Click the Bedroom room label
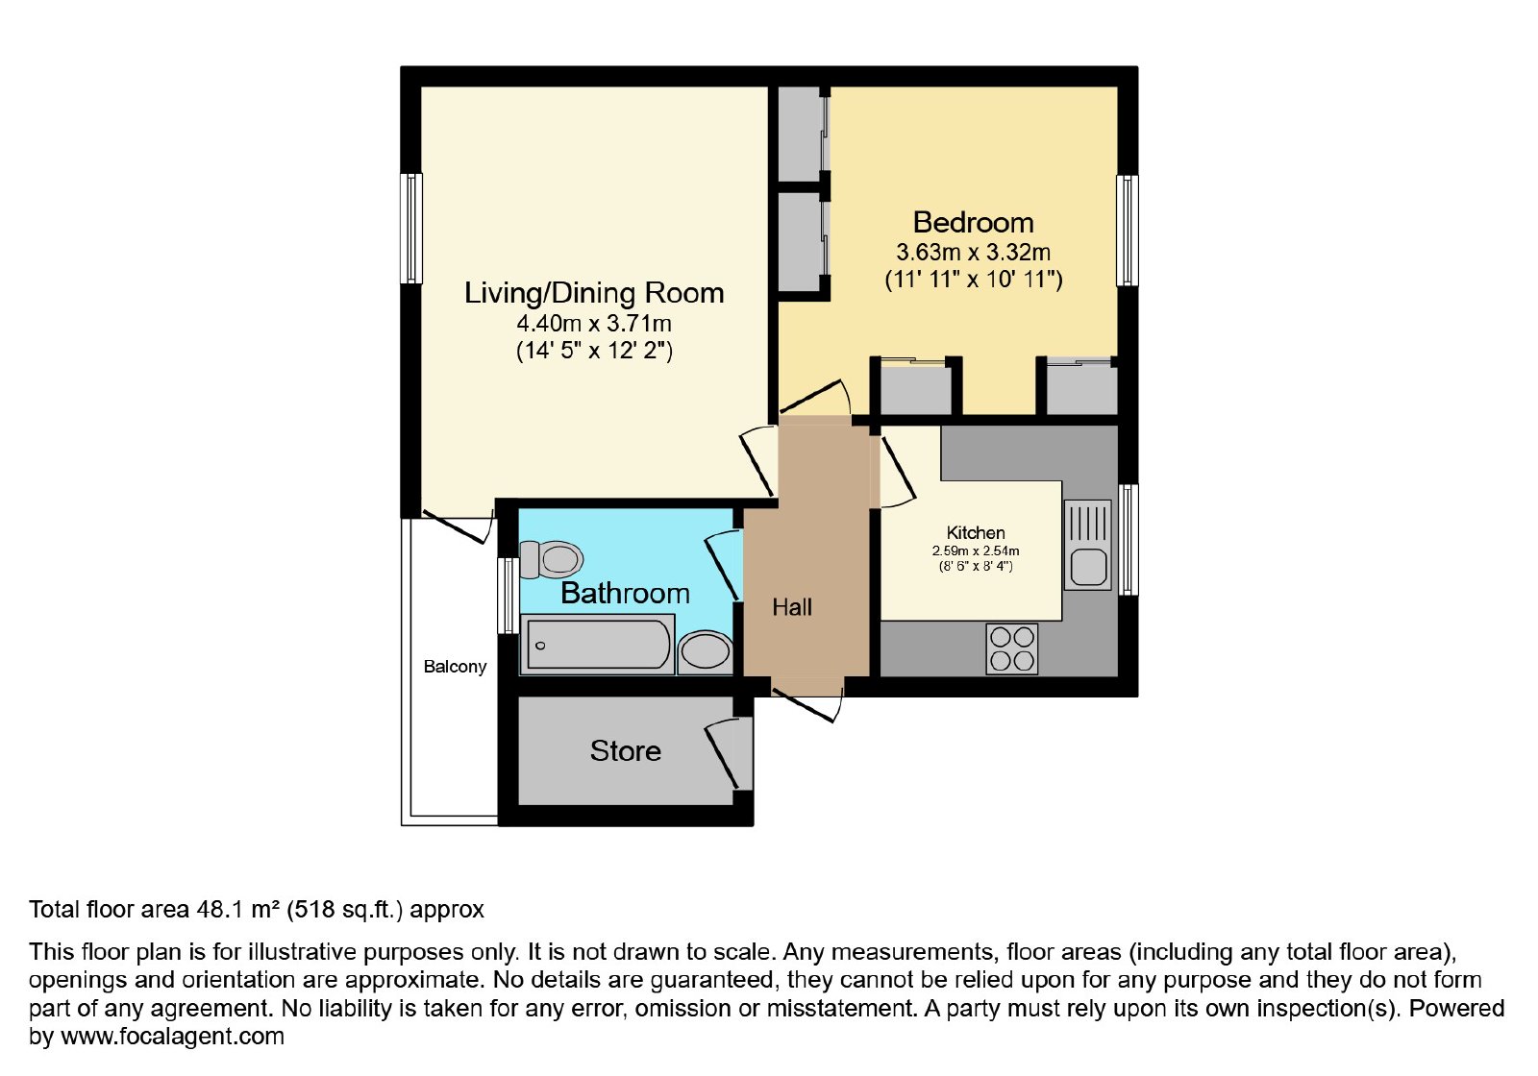[x=973, y=223]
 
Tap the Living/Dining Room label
[x=594, y=293]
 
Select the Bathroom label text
[x=625, y=594]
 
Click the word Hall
[x=792, y=607]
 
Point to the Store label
[x=626, y=751]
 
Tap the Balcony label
[x=455, y=667]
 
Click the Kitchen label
[x=976, y=532]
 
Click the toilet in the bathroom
[x=551, y=559]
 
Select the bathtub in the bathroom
[x=597, y=644]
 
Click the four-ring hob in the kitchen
[x=1012, y=648]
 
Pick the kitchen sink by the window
[x=1087, y=545]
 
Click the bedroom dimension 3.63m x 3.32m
[x=973, y=253]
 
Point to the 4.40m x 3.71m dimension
[x=594, y=323]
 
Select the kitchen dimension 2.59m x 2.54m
[x=976, y=551]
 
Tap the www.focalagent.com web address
[x=172, y=1037]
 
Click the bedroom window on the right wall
[x=1127, y=231]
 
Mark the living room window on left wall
[x=412, y=228]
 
